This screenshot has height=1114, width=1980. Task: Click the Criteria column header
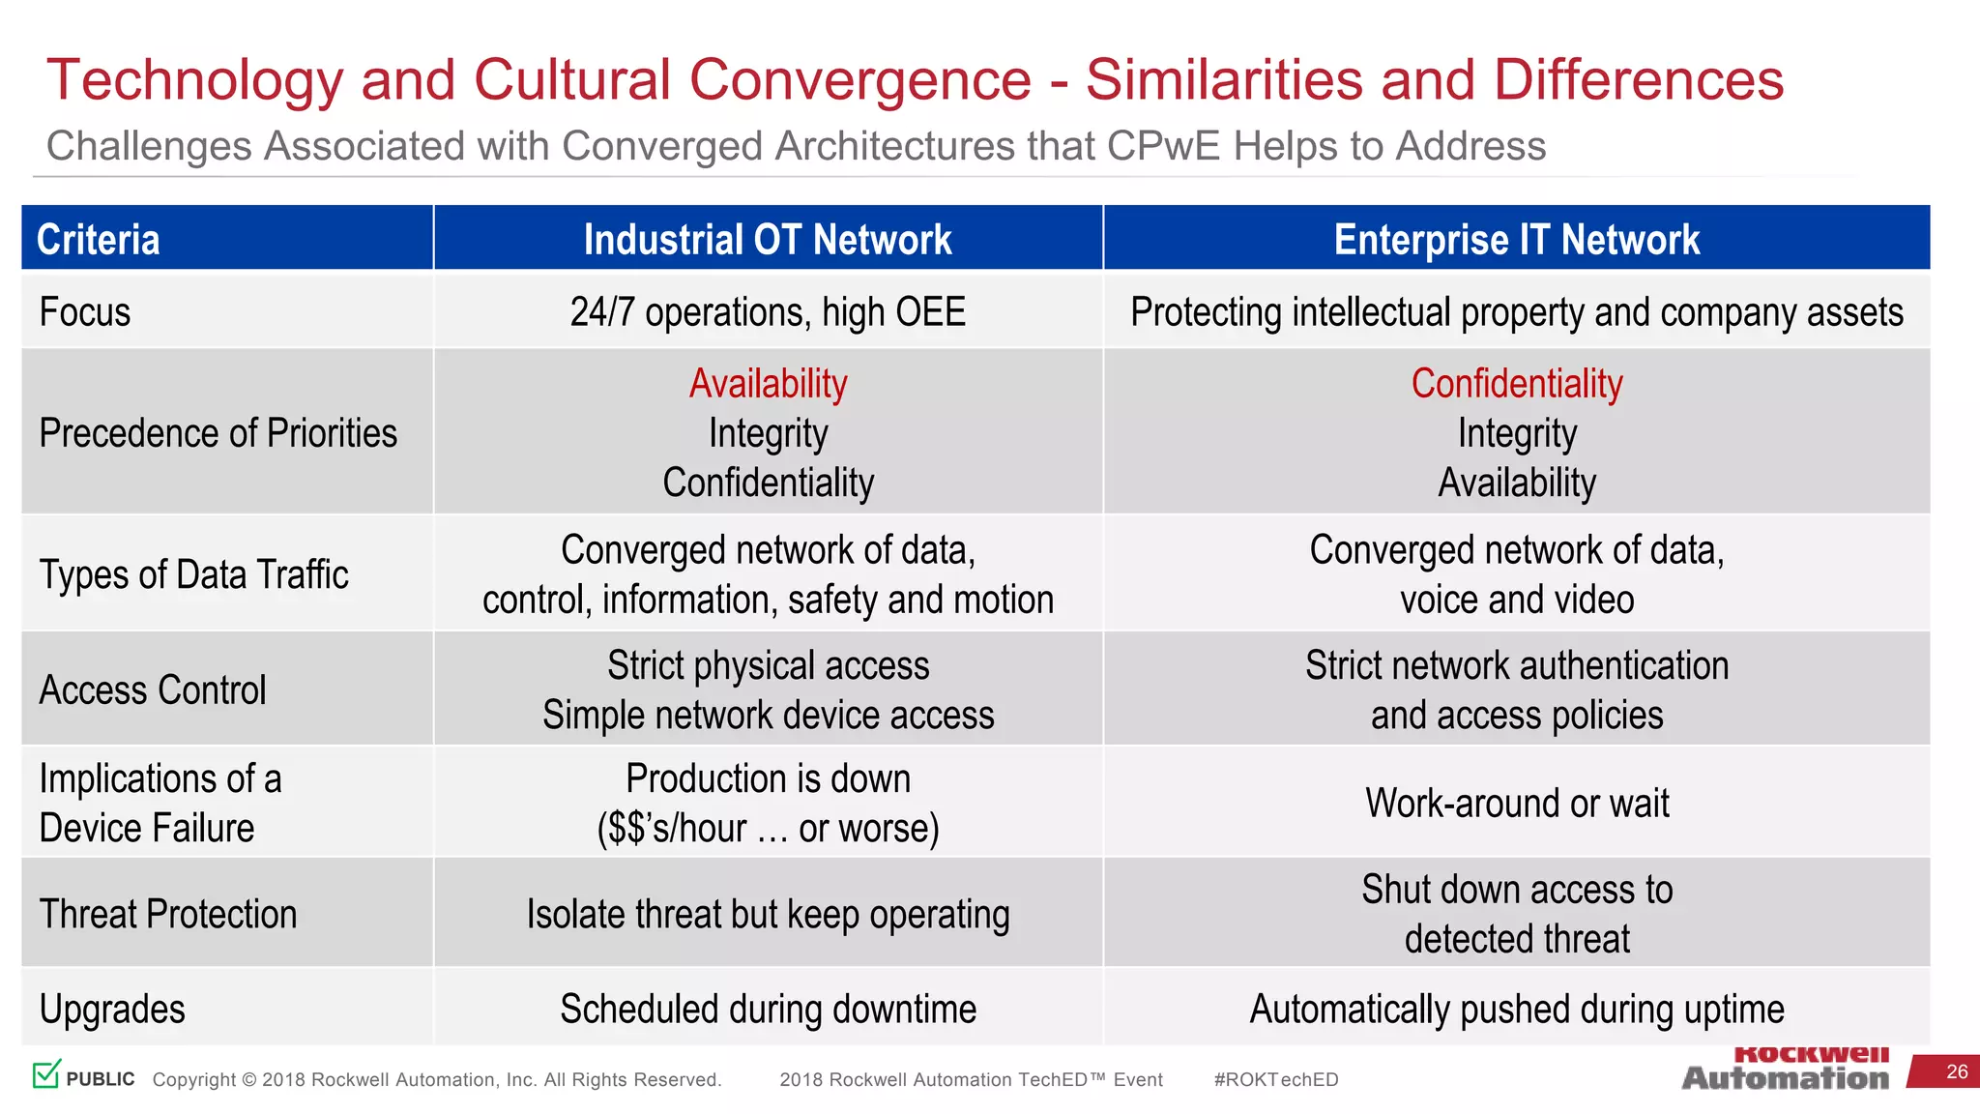pyautogui.click(x=99, y=239)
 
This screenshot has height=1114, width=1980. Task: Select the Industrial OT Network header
pyautogui.click(x=768, y=239)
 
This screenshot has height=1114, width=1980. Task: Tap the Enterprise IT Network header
pyautogui.click(x=1516, y=239)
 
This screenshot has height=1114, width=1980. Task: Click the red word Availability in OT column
pyautogui.click(x=768, y=384)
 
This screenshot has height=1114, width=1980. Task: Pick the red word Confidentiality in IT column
pyautogui.click(x=1516, y=384)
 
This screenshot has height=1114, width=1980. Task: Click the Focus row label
pyautogui.click(x=85, y=312)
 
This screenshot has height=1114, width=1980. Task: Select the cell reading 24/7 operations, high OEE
pyautogui.click(x=768, y=312)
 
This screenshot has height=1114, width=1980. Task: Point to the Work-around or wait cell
pyautogui.click(x=1516, y=803)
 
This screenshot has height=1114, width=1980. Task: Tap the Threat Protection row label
pyautogui.click(x=168, y=914)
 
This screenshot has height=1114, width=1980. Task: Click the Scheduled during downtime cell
pyautogui.click(x=768, y=1009)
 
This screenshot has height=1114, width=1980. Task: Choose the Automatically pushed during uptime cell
pyautogui.click(x=1516, y=1009)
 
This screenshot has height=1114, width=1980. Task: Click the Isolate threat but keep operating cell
pyautogui.click(x=768, y=914)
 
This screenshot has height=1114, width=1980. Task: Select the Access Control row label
pyautogui.click(x=153, y=689)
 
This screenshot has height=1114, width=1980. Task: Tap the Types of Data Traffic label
pyautogui.click(x=193, y=574)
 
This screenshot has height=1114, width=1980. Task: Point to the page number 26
pyautogui.click(x=1957, y=1071)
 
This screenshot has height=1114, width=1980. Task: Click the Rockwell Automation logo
pyautogui.click(x=1785, y=1070)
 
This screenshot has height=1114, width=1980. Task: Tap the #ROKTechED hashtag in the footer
pyautogui.click(x=1275, y=1079)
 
